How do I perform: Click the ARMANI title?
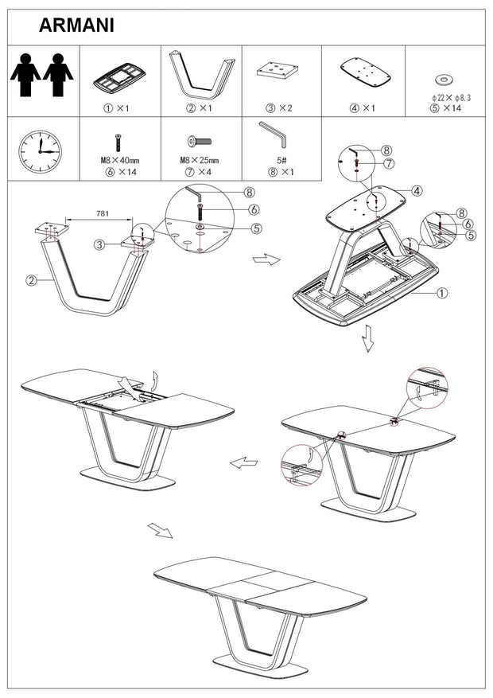(x=76, y=25)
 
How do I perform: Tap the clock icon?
(x=40, y=151)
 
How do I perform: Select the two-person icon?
(x=42, y=75)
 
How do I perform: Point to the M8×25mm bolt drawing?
(x=199, y=142)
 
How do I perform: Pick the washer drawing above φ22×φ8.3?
(x=444, y=80)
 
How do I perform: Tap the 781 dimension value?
(x=103, y=213)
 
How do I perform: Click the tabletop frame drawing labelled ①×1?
(x=119, y=78)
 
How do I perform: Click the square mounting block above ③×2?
(x=276, y=70)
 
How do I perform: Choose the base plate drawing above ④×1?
(x=366, y=72)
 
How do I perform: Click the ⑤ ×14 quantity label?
(x=445, y=108)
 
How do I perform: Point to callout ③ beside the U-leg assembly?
(x=99, y=244)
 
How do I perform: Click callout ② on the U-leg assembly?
(x=31, y=280)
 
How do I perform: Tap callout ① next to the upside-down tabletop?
(x=442, y=293)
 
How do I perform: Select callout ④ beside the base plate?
(x=417, y=191)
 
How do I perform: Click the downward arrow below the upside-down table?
(x=367, y=338)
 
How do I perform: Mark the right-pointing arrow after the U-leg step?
(x=266, y=259)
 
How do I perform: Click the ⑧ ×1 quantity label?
(x=281, y=172)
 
